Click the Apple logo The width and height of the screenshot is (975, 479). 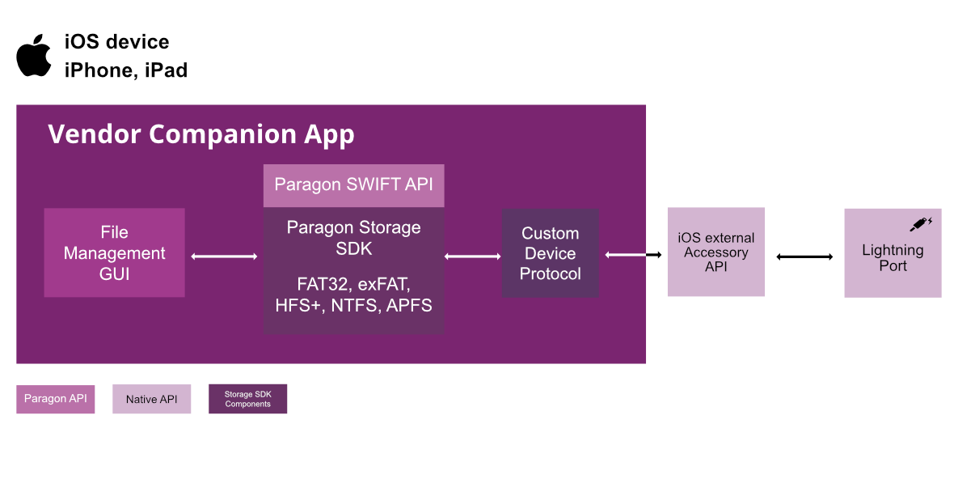point(34,56)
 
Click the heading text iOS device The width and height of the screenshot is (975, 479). point(116,42)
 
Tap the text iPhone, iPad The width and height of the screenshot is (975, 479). point(125,70)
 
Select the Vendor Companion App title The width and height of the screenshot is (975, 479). point(200,134)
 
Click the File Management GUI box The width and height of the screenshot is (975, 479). point(114,252)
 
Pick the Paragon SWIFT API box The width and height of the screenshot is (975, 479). point(353,184)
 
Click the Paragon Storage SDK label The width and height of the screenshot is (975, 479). point(353,238)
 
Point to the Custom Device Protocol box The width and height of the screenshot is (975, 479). point(550,253)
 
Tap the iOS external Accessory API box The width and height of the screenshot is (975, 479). point(715,252)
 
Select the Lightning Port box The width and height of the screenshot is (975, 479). point(893,253)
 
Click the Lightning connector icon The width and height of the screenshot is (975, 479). point(921,223)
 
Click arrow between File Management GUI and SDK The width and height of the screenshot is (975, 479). point(224,256)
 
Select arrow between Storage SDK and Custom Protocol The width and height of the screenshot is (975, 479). point(473,256)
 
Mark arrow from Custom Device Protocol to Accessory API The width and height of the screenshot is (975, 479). point(633,256)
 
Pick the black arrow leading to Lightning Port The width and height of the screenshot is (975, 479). point(804,257)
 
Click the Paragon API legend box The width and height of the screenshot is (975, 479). point(56,398)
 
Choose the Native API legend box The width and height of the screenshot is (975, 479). point(151,399)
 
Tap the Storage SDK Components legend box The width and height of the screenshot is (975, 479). point(247,399)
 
